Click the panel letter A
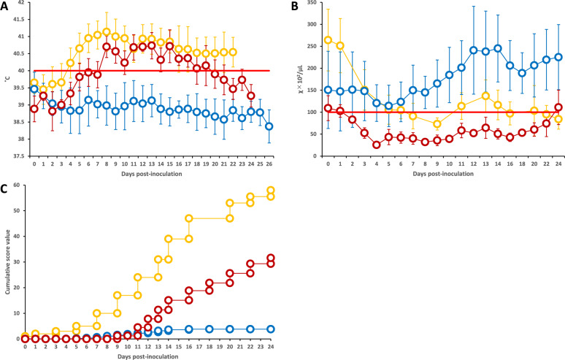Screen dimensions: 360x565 pyautogui.click(x=5, y=6)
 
